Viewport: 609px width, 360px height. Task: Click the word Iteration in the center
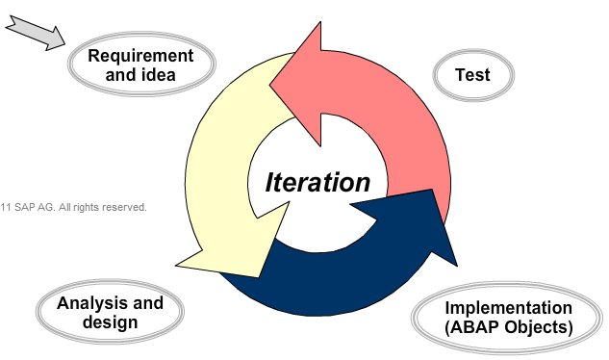pos(317,182)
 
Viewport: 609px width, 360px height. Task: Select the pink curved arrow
pos(399,116)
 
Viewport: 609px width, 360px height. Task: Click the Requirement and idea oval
pos(140,65)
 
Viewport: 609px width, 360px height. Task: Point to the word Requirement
pos(140,55)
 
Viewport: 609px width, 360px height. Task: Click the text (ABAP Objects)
pos(509,328)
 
